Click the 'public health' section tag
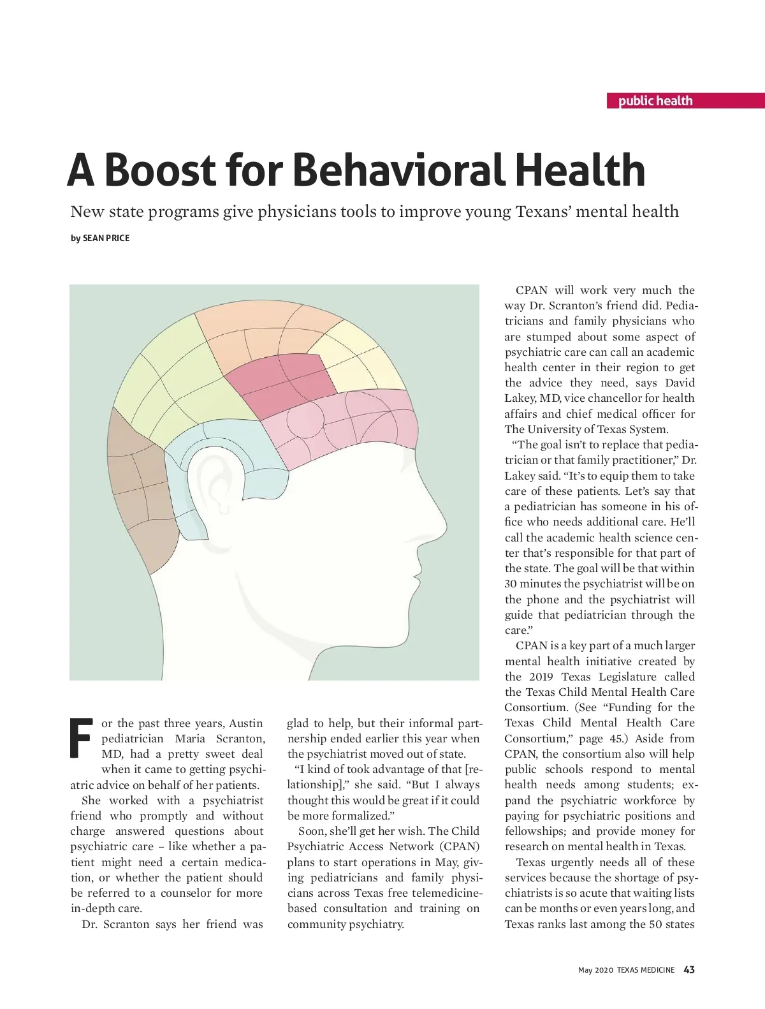(x=655, y=101)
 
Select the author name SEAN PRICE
(x=106, y=238)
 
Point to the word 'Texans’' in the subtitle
(x=543, y=212)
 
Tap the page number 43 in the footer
(x=688, y=969)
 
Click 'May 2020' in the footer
(x=595, y=970)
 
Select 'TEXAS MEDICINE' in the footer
(x=645, y=970)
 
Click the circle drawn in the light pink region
(x=300, y=421)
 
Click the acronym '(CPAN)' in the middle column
(x=459, y=846)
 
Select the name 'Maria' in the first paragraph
(x=190, y=739)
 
